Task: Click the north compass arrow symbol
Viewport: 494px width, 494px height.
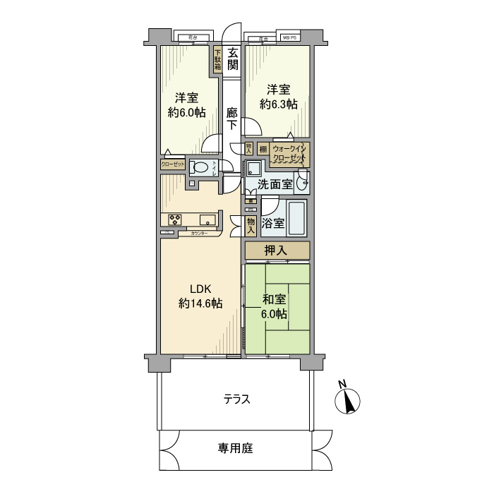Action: (x=347, y=402)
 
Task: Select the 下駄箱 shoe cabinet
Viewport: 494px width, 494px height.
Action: (x=218, y=59)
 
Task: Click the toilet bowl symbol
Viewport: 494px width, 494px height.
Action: (x=201, y=168)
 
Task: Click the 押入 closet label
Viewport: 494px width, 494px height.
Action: (x=277, y=250)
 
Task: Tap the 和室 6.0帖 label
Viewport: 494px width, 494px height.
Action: (x=277, y=307)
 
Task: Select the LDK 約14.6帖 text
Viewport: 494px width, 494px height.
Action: (x=200, y=296)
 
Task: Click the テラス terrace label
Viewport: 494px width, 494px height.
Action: (x=237, y=399)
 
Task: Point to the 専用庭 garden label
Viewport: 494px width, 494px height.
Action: (x=235, y=448)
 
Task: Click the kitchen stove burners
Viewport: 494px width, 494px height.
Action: (x=174, y=218)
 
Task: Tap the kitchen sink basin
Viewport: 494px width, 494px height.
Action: (x=208, y=218)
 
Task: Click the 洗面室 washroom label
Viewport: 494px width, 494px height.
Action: (x=274, y=185)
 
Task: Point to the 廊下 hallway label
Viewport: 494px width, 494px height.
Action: (x=232, y=119)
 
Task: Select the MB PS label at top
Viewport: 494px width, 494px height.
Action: (x=290, y=37)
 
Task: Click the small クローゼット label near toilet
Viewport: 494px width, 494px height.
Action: (x=173, y=164)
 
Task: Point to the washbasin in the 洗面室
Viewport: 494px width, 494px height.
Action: (x=303, y=182)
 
